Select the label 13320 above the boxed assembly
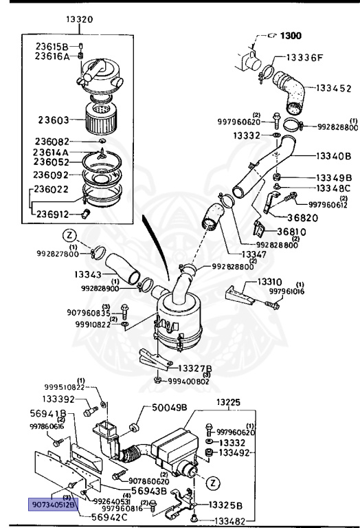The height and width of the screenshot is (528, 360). (80, 19)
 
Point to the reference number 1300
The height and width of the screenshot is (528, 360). (292, 34)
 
